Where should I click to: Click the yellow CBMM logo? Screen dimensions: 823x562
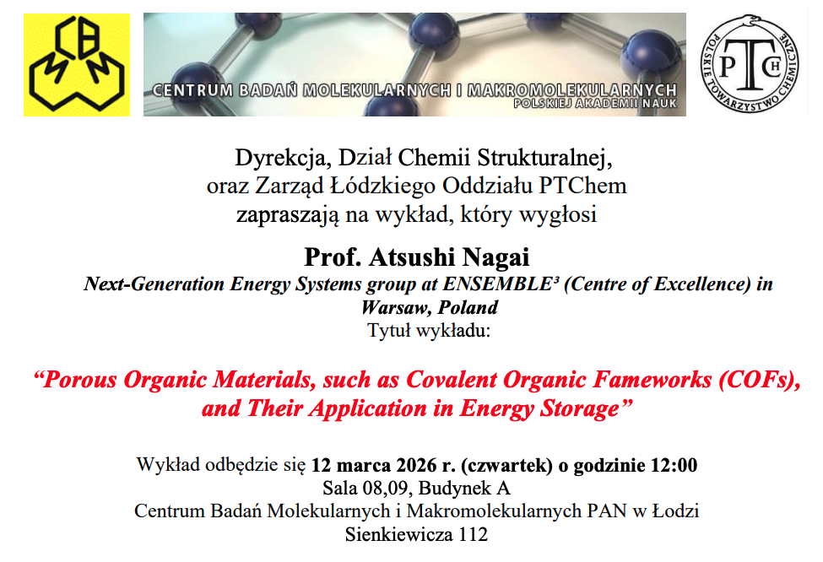77,64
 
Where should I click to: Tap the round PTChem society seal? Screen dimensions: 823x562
750,63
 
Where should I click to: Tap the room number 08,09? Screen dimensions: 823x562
386,488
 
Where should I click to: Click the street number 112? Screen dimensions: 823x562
474,534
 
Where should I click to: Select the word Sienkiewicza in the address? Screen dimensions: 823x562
399,534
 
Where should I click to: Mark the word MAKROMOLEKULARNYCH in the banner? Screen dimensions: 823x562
571,90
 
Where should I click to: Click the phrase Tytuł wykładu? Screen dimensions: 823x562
428,331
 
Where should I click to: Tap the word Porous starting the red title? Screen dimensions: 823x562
76,380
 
